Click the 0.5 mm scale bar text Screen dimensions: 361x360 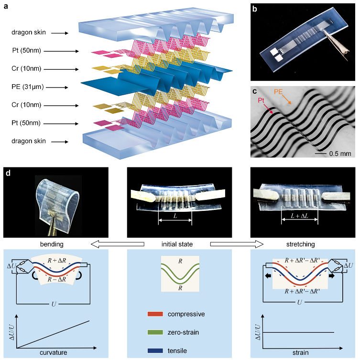[x=339, y=153]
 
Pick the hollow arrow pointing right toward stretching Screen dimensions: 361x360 [x=237, y=244]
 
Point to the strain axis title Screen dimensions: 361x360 [x=300, y=353]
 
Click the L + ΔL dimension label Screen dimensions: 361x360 [x=299, y=217]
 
